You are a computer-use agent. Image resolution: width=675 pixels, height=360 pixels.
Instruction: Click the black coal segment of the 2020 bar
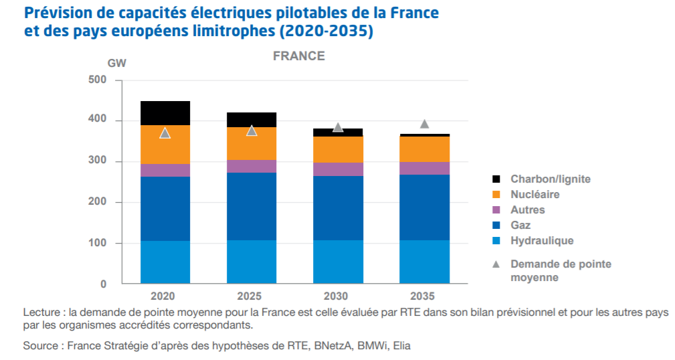[x=165, y=112]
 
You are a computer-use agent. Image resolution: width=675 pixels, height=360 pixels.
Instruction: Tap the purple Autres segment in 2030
[x=338, y=169]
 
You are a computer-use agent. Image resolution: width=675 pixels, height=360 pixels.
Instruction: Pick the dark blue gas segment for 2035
[x=424, y=207]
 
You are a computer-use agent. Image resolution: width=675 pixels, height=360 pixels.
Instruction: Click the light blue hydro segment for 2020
[x=165, y=262]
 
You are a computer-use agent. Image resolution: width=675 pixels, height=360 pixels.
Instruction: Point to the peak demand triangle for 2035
[x=424, y=124]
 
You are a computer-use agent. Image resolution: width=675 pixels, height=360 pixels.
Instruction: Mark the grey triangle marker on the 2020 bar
[x=165, y=133]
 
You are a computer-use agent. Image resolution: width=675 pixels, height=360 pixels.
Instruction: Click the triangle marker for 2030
[x=338, y=127]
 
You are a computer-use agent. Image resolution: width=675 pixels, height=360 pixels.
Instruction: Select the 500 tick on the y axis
[x=98, y=80]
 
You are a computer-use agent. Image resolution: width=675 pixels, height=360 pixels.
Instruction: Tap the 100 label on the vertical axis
[x=98, y=244]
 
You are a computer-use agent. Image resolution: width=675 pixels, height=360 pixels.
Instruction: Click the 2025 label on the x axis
[x=252, y=296]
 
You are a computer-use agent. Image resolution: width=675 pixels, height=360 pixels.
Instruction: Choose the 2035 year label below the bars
[x=424, y=296]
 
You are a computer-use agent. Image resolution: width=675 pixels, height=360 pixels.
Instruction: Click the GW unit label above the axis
[x=116, y=64]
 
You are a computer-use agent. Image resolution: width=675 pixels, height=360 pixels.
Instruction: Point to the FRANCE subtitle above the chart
[x=299, y=56]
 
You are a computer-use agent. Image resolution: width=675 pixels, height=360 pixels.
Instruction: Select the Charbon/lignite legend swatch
[x=496, y=179]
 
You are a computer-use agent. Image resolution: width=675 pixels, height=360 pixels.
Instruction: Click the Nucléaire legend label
[x=535, y=195]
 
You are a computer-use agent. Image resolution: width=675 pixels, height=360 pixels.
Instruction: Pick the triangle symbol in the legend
[x=496, y=264]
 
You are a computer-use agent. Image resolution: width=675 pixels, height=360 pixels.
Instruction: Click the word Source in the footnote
[x=41, y=346]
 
